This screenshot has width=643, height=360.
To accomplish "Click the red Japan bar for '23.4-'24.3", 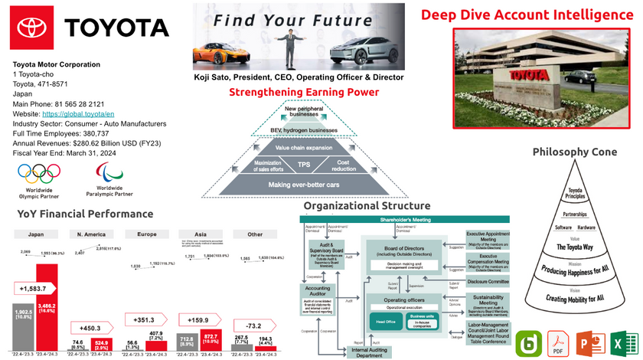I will point(47,306).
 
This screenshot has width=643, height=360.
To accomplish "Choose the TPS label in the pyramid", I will point(304,164).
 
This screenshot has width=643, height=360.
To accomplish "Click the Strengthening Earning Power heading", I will point(304,92).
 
